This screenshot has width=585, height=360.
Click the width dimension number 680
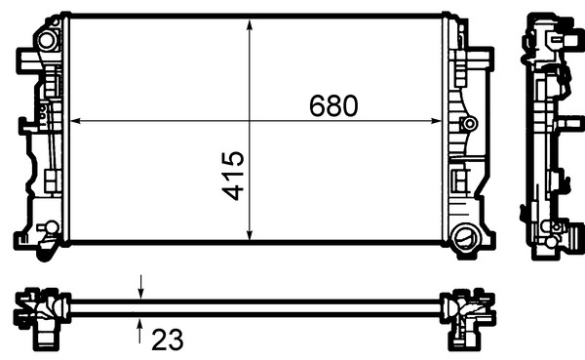[334, 104]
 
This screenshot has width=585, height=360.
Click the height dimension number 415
[232, 176]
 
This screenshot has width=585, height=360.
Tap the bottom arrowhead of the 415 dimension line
[252, 235]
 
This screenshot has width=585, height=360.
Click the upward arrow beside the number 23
[142, 329]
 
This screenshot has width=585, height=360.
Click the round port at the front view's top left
[44, 42]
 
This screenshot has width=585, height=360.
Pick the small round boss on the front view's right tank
[471, 124]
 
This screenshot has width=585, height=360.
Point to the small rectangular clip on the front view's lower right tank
[460, 180]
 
